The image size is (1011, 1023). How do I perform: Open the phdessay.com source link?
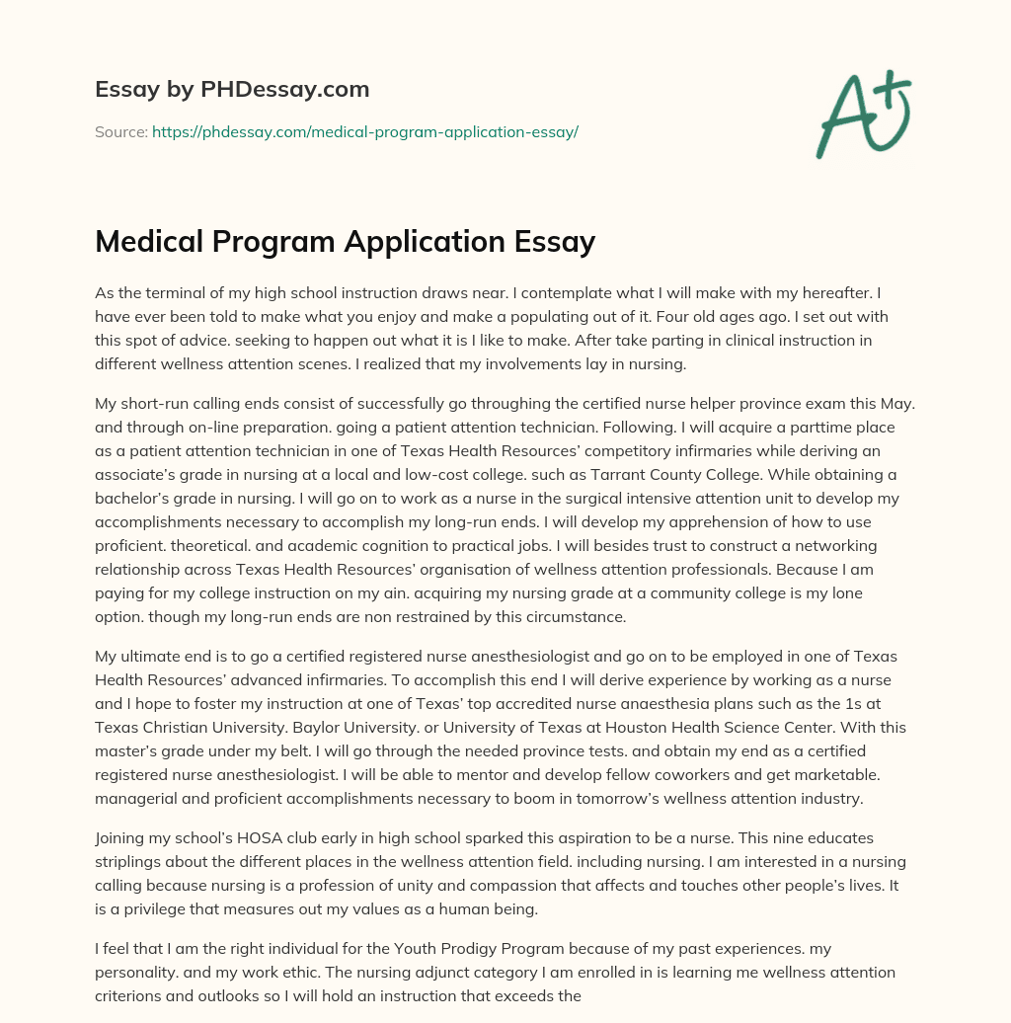pyautogui.click(x=364, y=131)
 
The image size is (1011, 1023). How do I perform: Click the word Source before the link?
pyautogui.click(x=120, y=131)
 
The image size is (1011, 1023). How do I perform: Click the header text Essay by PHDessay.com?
pyautogui.click(x=232, y=90)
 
